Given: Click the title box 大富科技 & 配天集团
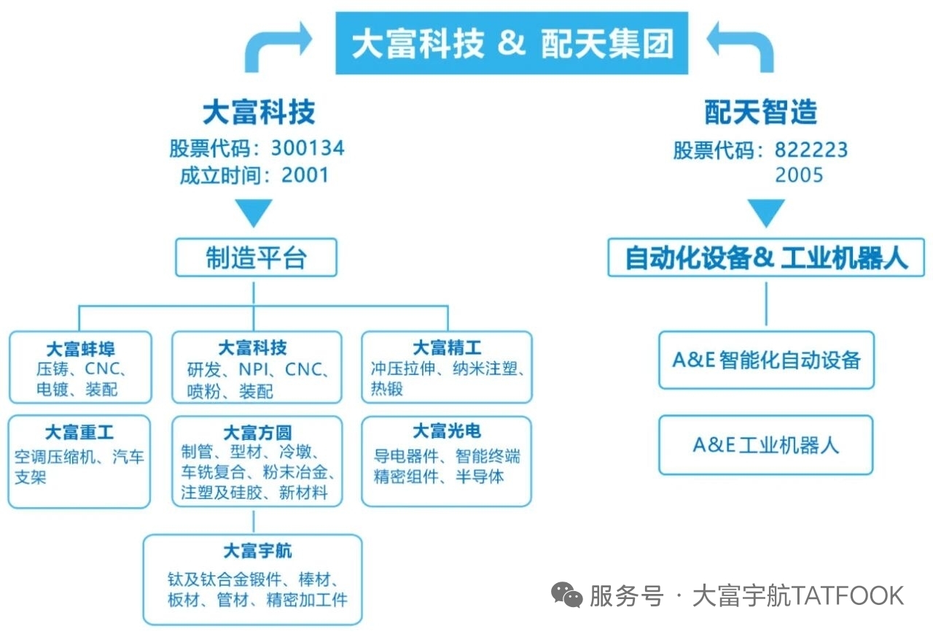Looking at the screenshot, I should (512, 44).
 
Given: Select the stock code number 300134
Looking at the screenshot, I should (308, 149).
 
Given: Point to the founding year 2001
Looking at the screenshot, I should (305, 175).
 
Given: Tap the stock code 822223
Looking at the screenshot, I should (811, 150).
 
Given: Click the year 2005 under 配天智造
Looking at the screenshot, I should (800, 175).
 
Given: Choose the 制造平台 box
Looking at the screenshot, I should (256, 258).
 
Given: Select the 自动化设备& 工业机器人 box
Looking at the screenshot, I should (766, 258).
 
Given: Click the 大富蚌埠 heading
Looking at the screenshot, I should (80, 347).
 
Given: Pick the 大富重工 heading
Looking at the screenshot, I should (79, 433).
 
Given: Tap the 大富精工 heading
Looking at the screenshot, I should (447, 347).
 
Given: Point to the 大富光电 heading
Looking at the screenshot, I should (447, 431).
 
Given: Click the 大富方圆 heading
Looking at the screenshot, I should (257, 433).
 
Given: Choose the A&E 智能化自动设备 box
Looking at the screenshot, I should (766, 360).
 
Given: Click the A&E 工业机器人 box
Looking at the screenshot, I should (766, 445).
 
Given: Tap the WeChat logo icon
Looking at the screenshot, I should (567, 595).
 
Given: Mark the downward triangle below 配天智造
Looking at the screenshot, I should (766, 212).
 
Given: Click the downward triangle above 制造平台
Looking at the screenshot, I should (254, 212).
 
